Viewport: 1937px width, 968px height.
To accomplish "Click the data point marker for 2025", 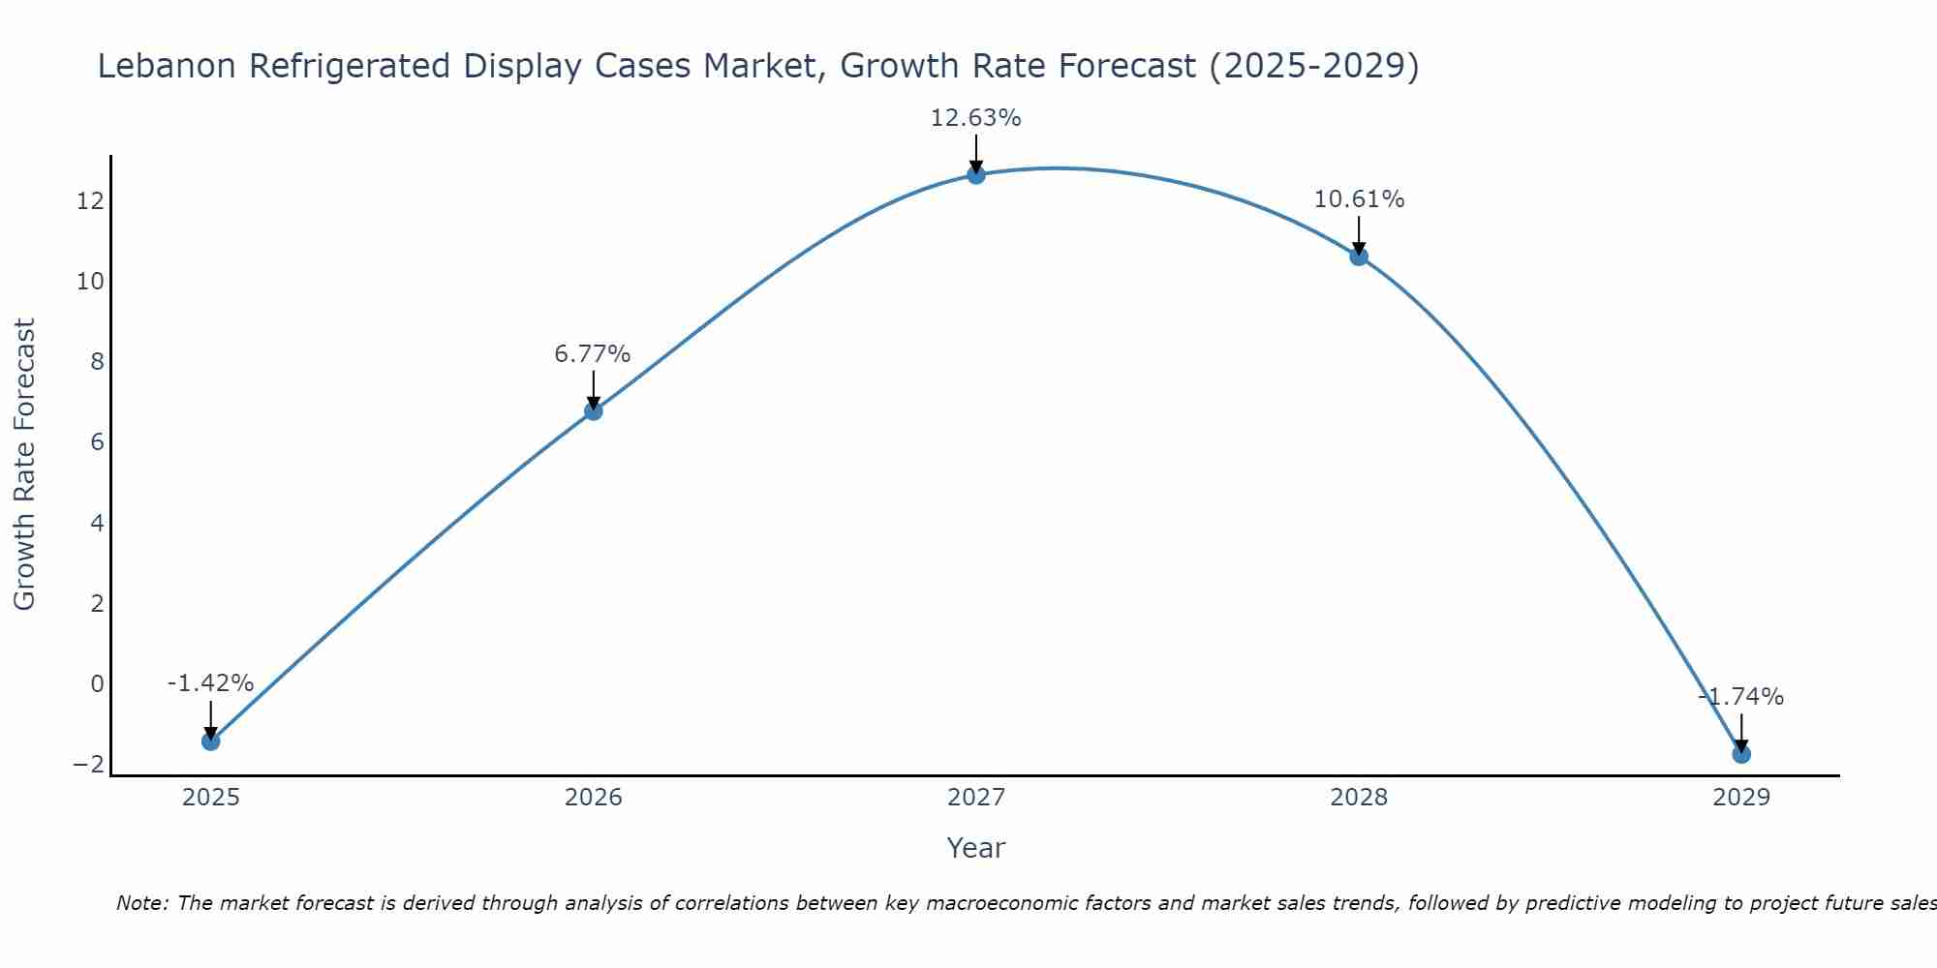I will (211, 741).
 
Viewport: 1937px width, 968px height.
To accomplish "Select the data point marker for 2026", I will (594, 411).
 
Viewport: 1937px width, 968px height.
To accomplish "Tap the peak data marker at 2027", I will (976, 175).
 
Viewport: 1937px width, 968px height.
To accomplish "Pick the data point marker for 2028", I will (1359, 257).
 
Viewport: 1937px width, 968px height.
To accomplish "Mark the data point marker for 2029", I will (1741, 754).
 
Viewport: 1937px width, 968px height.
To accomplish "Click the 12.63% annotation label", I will (976, 118).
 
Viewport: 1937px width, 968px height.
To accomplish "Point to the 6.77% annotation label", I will (593, 354).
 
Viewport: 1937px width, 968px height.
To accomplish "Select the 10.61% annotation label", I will (1359, 199).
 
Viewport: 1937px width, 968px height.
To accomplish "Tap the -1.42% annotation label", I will (210, 683).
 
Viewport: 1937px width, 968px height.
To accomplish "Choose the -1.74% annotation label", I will (1741, 697).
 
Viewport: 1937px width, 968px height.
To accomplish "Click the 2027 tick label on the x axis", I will (976, 798).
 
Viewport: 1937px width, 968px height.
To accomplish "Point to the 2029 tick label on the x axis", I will (1741, 798).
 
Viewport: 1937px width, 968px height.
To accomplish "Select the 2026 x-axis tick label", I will (594, 798).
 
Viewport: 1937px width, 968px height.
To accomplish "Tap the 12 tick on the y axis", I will (91, 201).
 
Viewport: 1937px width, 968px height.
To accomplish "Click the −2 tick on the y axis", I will (88, 765).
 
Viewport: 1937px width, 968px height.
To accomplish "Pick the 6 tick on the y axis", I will (97, 442).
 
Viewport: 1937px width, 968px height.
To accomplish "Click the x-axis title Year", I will (976, 848).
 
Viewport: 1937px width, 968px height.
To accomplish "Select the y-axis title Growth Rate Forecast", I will (24, 465).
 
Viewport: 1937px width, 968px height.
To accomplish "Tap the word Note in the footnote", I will (141, 903).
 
